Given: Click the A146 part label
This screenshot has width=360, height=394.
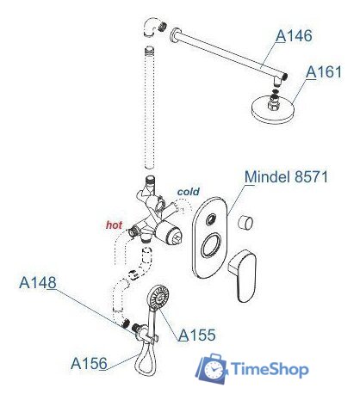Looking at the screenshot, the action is [x=294, y=36].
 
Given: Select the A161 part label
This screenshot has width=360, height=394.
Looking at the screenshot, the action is [x=324, y=72].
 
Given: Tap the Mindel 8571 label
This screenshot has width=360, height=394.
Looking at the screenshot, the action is [x=286, y=176].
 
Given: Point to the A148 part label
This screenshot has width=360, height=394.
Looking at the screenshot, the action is [x=38, y=283].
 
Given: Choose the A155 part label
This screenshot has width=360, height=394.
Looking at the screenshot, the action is [x=196, y=335].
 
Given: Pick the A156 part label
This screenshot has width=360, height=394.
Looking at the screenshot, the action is [x=89, y=364].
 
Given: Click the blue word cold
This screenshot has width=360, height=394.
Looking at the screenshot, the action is [x=189, y=192].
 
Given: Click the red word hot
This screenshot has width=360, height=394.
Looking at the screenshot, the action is [x=115, y=225].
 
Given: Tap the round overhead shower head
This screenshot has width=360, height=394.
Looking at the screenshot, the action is [x=272, y=109].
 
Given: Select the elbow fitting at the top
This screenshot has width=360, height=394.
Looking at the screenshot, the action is [x=152, y=27].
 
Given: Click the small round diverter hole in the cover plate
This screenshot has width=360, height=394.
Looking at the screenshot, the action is [x=211, y=219].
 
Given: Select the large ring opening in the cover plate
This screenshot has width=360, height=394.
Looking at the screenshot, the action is [x=212, y=245].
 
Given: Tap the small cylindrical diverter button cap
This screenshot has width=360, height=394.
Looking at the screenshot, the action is [x=245, y=222].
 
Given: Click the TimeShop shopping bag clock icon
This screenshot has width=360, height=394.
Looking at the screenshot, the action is [x=212, y=368].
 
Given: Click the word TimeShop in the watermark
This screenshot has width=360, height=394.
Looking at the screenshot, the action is [x=270, y=369].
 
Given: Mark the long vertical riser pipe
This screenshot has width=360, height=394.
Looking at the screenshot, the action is [x=150, y=108].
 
